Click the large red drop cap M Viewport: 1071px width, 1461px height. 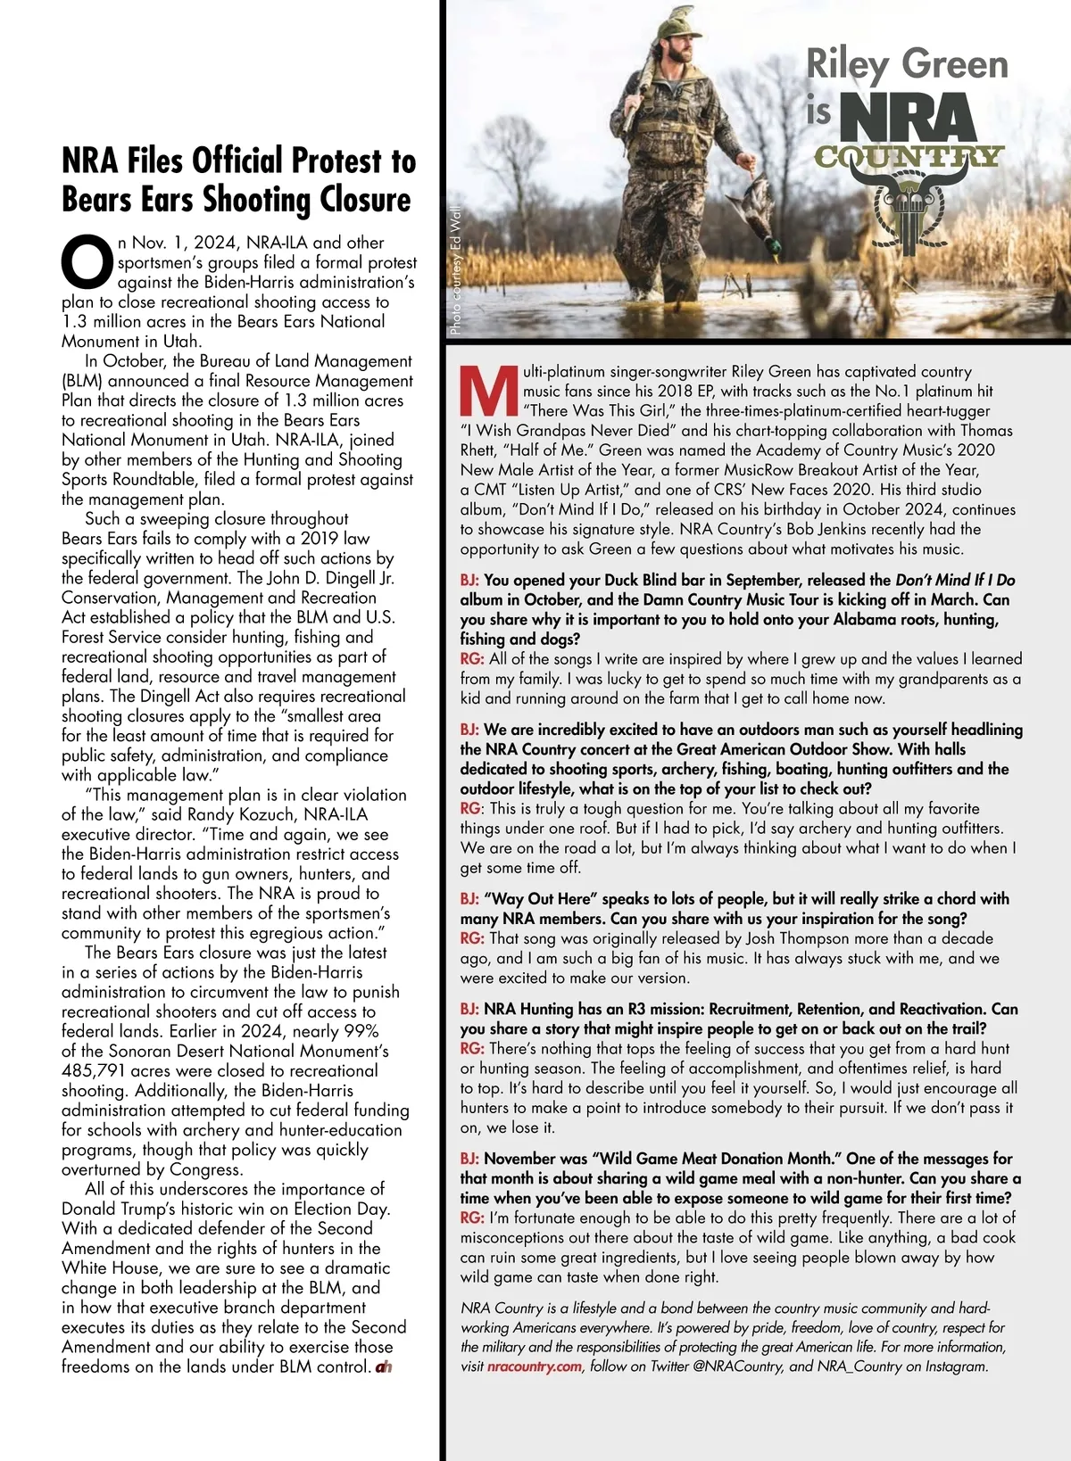point(488,391)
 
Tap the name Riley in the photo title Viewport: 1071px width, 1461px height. point(848,65)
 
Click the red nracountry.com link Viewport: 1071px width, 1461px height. point(535,1366)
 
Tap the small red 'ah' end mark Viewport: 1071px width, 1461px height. point(384,1366)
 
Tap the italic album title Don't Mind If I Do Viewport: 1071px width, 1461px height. point(955,580)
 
